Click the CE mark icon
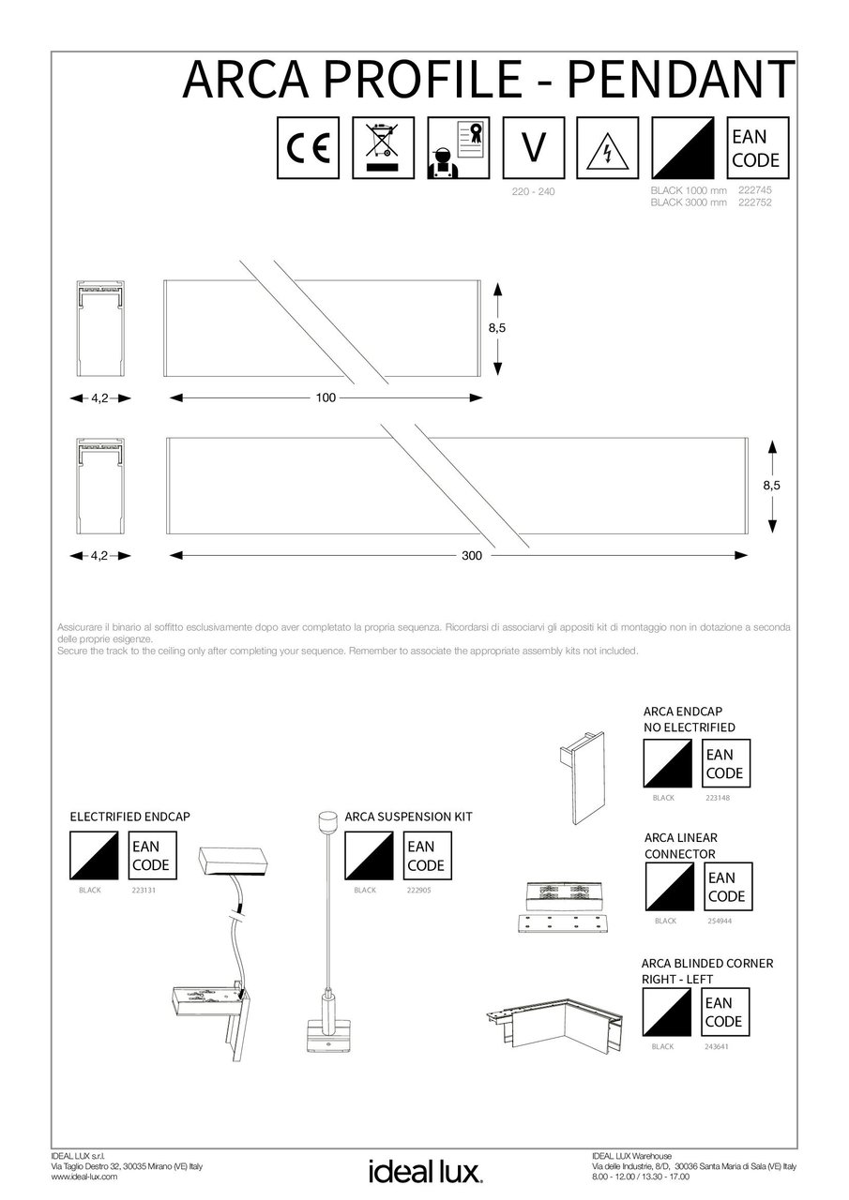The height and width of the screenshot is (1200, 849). tap(308, 148)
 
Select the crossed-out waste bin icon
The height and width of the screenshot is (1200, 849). tap(383, 148)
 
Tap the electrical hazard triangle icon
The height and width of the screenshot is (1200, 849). tap(608, 148)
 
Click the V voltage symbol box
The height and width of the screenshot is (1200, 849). tap(533, 148)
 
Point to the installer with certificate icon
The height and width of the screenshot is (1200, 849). tap(458, 148)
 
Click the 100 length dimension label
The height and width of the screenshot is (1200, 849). tap(325, 398)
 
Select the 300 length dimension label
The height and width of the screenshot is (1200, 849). tap(471, 556)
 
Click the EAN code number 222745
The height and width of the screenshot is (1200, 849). tap(755, 190)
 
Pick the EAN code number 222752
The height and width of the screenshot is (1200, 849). tap(755, 202)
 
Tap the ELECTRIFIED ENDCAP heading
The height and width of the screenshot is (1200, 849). tap(130, 817)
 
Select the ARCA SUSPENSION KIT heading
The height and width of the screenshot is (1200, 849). tap(408, 817)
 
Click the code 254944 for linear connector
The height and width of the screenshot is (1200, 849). tap(721, 921)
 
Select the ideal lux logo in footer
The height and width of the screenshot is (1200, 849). tap(424, 1171)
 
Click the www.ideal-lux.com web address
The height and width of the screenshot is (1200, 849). tap(83, 1177)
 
